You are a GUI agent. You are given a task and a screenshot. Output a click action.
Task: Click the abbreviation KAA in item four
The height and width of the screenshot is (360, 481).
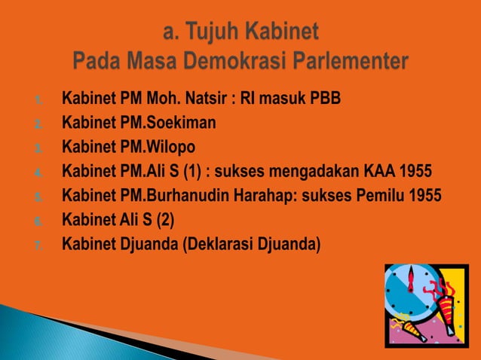[x=381, y=171]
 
